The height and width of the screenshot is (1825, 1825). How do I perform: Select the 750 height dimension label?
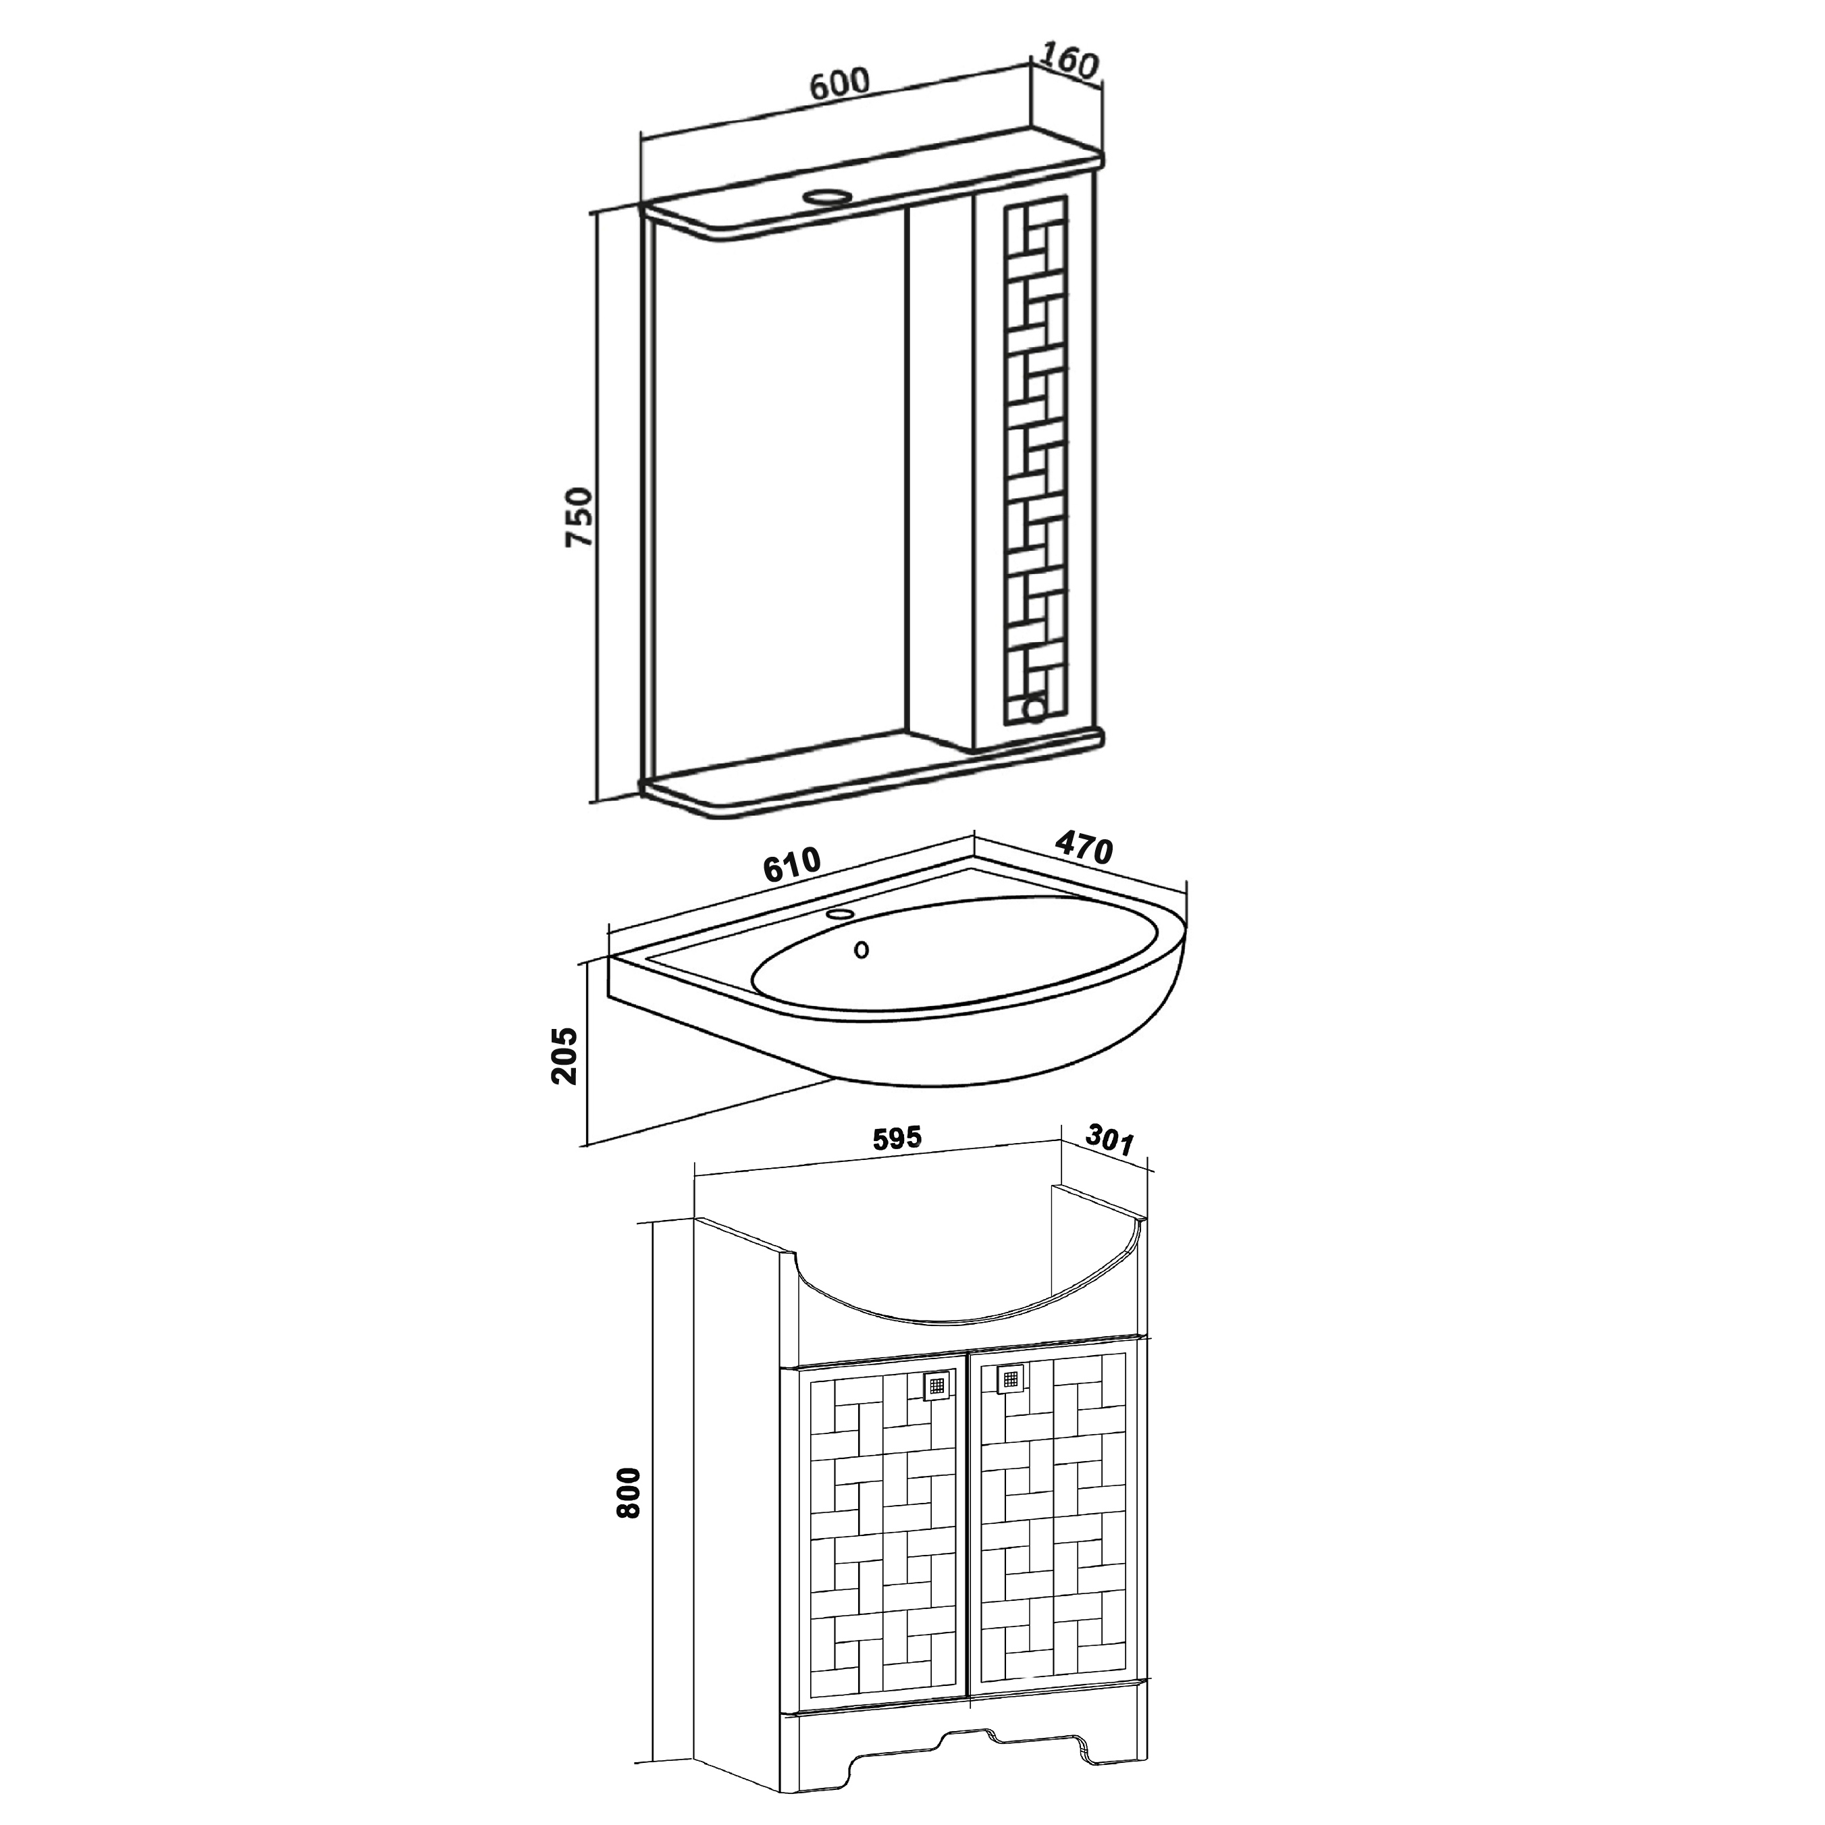[578, 517]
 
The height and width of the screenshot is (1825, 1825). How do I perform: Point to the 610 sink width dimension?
[791, 864]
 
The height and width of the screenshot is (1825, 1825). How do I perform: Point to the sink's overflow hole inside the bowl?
[861, 950]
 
